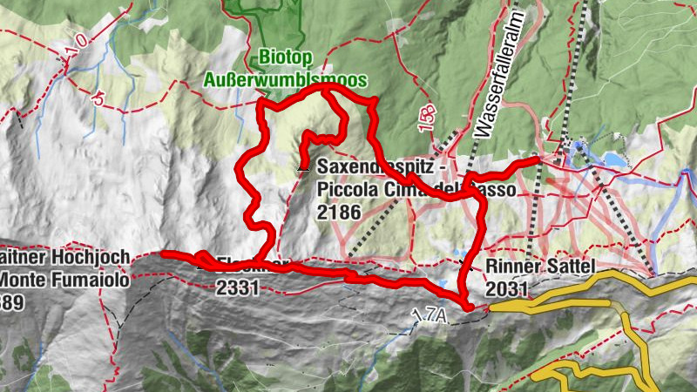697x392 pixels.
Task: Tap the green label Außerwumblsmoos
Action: click(x=285, y=81)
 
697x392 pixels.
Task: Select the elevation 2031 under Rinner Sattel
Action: click(x=508, y=287)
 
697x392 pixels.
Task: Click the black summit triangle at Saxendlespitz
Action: click(x=302, y=165)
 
